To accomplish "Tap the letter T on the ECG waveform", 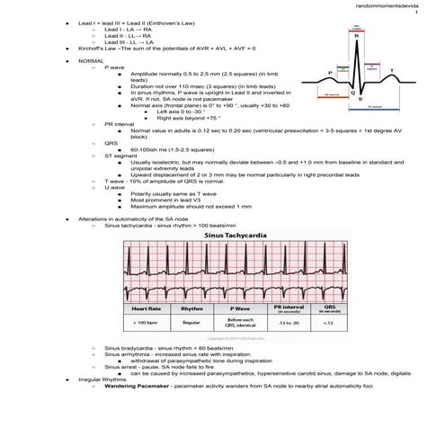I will coord(391,70).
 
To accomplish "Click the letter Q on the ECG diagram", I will coord(351,92).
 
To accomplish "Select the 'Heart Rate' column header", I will coord(147,308).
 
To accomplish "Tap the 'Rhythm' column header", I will coord(191,308).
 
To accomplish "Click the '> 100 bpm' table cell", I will coord(147,321).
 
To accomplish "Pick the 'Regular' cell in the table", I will coord(191,321).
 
